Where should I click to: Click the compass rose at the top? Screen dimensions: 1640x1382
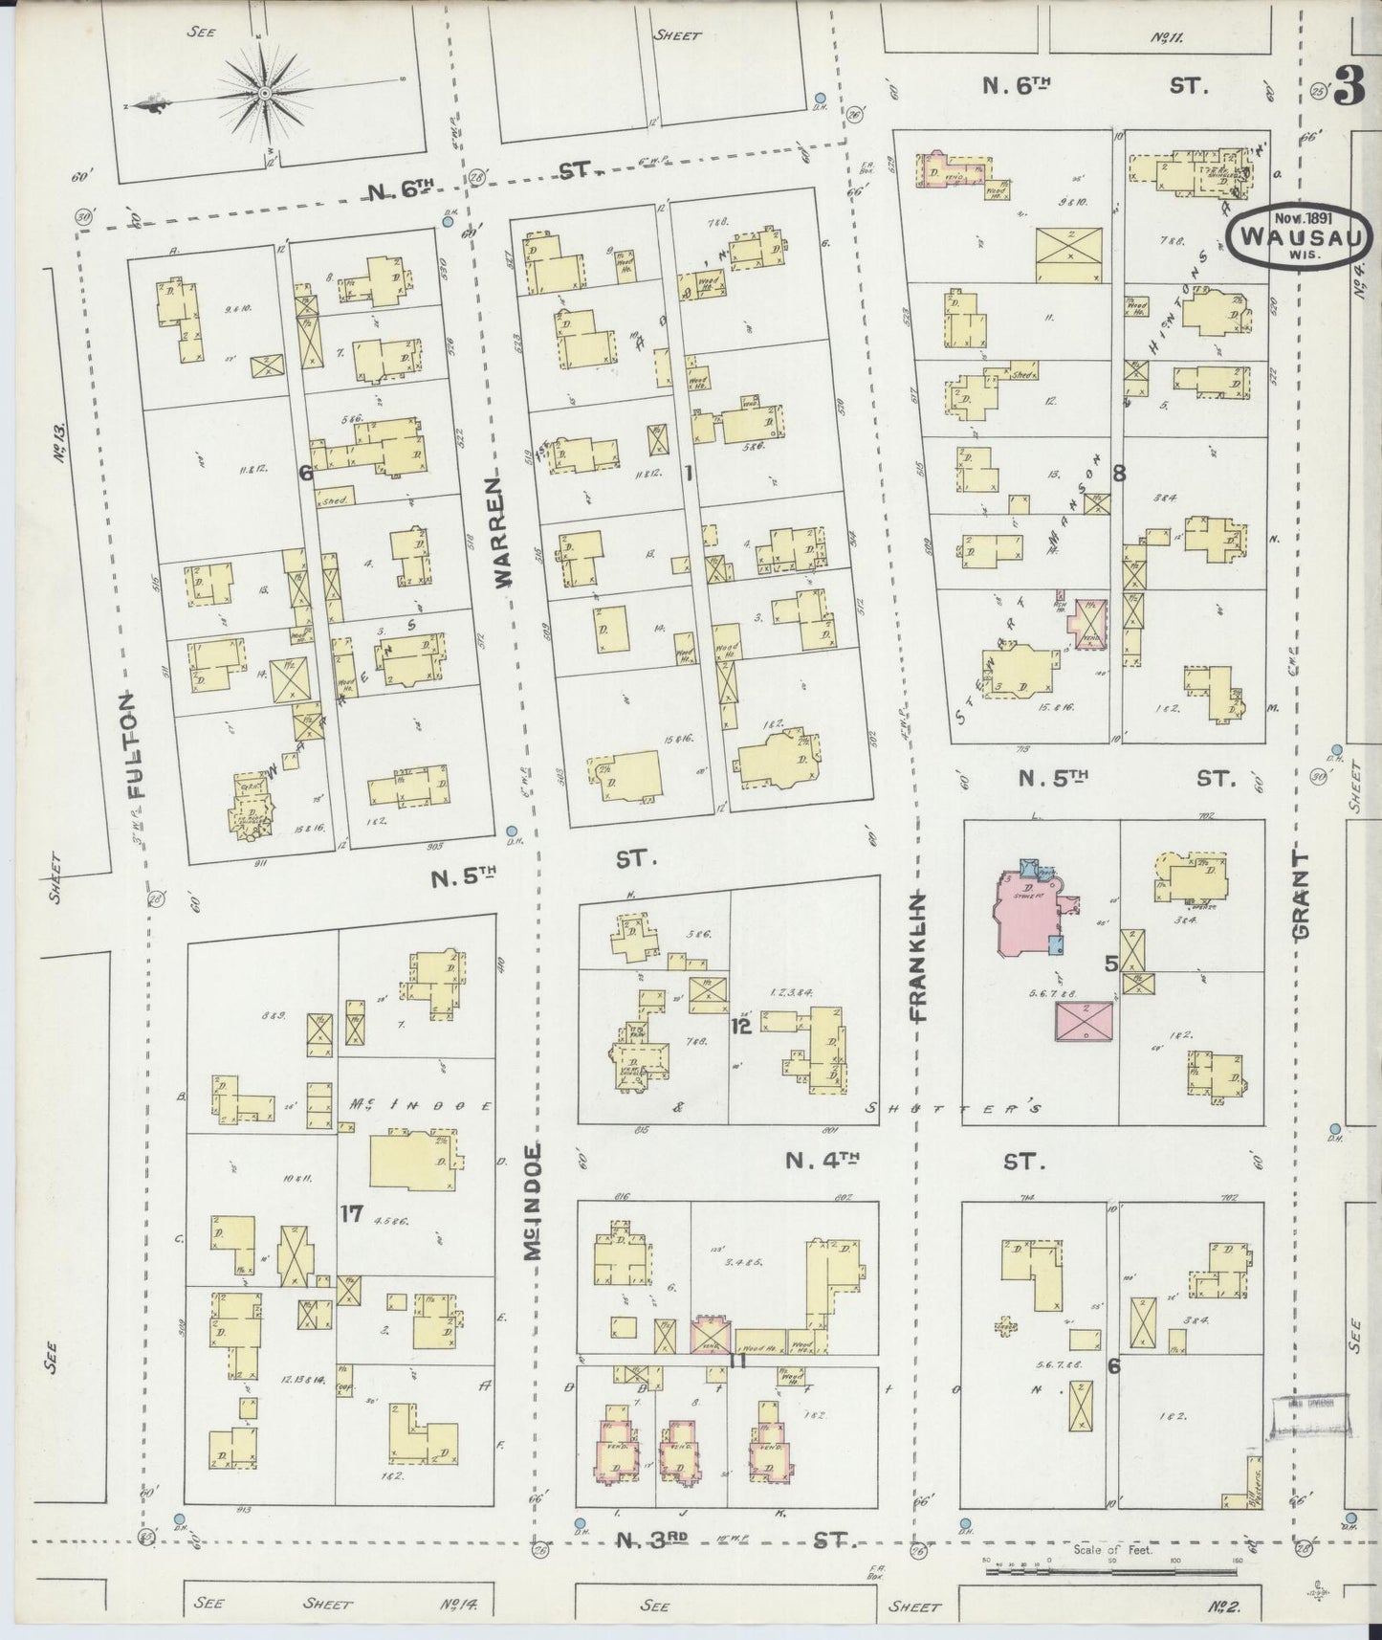pyautogui.click(x=263, y=93)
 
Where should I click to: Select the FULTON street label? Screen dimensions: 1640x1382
pyautogui.click(x=136, y=746)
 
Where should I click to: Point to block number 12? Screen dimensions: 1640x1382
pyautogui.click(x=739, y=1027)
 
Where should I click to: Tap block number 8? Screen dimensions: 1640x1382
pyautogui.click(x=1119, y=472)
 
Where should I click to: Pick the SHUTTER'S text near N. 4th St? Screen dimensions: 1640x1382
pyautogui.click(x=953, y=1107)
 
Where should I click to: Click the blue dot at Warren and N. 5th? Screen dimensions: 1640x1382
pyautogui.click(x=512, y=831)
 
